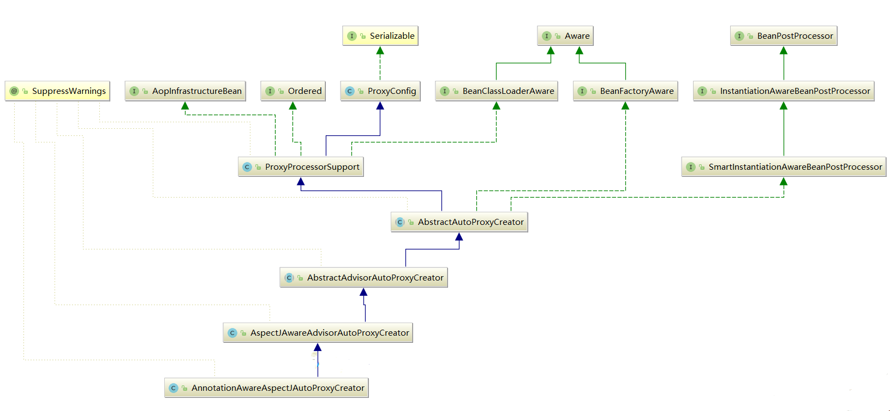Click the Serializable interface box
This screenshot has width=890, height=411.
pos(380,36)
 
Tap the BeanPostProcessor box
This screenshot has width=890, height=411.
pos(784,36)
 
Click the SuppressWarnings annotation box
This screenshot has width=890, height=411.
pos(57,91)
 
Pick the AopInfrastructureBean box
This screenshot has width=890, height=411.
pos(185,91)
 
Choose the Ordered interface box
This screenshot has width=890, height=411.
pos(293,91)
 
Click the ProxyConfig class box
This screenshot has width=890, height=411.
pos(380,91)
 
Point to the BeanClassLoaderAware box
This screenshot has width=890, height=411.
pos(497,91)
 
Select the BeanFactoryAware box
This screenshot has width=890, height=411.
pos(625,91)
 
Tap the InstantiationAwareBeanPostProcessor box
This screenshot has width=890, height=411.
pos(784,91)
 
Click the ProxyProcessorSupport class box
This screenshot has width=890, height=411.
pos(301,167)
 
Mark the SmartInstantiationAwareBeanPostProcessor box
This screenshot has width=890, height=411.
pos(784,167)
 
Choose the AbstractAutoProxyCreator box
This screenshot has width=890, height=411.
pos(459,222)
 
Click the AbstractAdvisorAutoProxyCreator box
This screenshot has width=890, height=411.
pos(363,278)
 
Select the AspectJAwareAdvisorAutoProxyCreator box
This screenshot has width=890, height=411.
pos(318,333)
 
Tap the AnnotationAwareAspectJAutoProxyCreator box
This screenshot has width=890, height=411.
pos(266,388)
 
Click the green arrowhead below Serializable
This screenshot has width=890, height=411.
pos(380,51)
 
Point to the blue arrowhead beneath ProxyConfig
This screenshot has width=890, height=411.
pos(380,106)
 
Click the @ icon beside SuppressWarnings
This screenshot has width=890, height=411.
pos(15,91)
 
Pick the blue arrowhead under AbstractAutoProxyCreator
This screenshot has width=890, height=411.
pos(459,237)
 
